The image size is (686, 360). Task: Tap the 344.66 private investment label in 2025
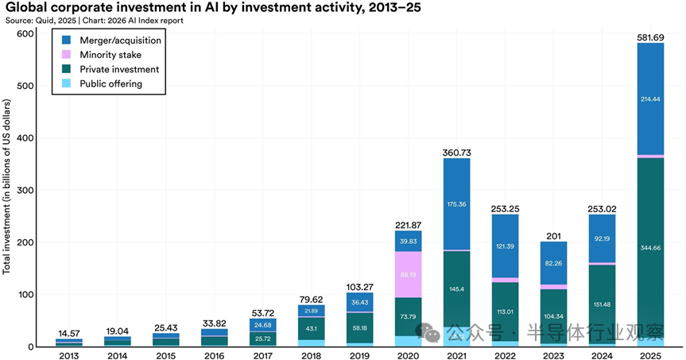pyautogui.click(x=650, y=249)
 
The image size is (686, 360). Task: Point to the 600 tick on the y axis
pyautogui.click(x=26, y=33)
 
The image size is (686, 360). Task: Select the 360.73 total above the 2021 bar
pyautogui.click(x=456, y=152)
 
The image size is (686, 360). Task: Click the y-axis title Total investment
pyautogui.click(x=7, y=187)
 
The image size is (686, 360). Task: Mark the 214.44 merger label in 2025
pyautogui.click(x=650, y=99)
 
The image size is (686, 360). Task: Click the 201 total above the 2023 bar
pyautogui.click(x=553, y=235)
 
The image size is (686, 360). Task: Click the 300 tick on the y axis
pyautogui.click(x=26, y=190)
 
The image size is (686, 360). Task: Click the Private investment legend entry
pyautogui.click(x=119, y=68)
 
